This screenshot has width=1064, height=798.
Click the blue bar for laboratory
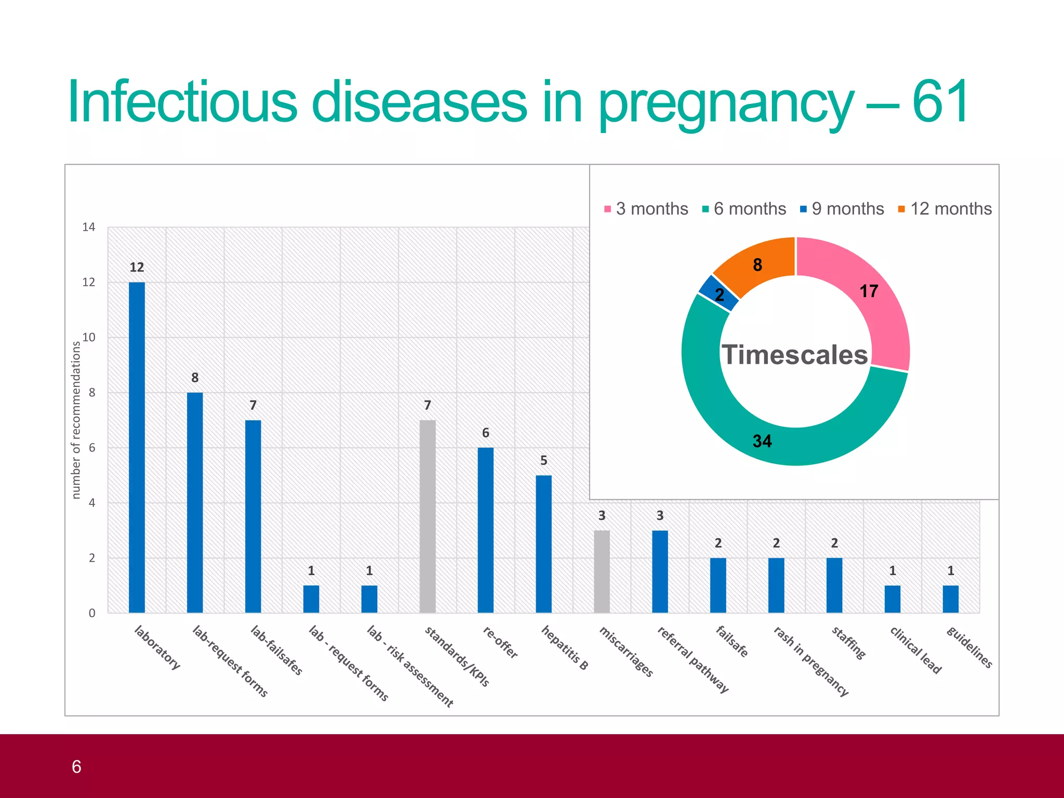tap(137, 447)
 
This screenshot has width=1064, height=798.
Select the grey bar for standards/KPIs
tap(427, 517)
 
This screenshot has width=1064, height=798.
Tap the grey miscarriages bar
tap(602, 571)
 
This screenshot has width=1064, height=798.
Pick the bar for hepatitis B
tap(543, 544)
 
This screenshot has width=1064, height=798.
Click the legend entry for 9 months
tap(842, 209)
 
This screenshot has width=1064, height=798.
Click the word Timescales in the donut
tap(795, 355)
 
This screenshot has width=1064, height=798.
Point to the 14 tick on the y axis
tap(89, 227)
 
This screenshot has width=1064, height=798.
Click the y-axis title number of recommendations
tap(76, 420)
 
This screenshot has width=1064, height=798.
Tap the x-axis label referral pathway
tap(693, 660)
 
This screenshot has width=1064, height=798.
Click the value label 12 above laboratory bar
tap(137, 268)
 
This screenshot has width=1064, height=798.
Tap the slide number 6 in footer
tap(76, 767)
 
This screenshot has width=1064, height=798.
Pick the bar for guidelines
tap(950, 599)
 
